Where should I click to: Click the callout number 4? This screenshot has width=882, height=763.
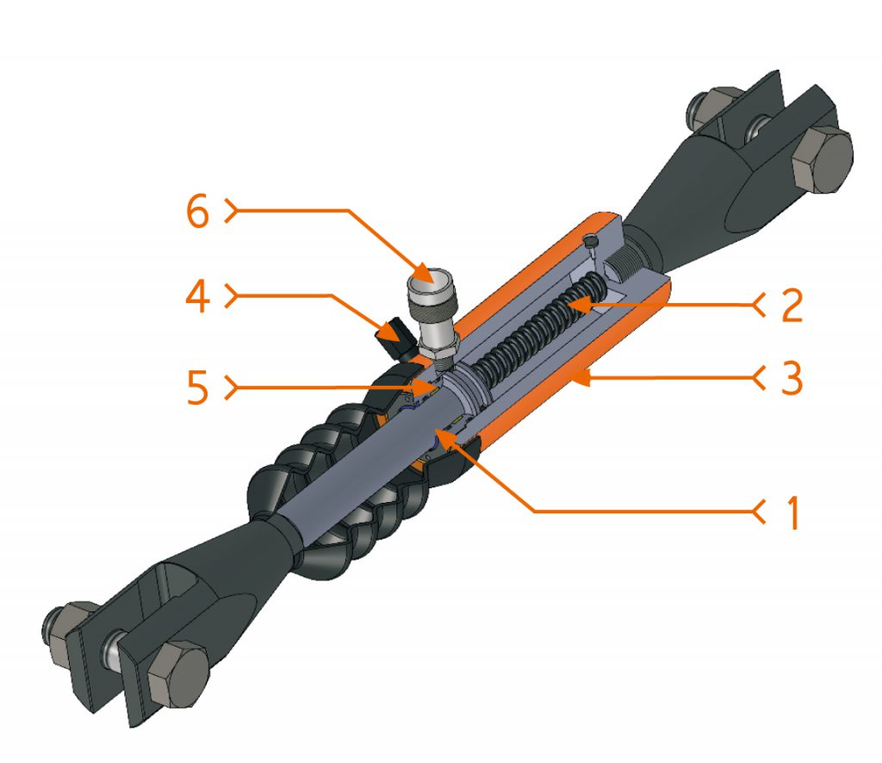pos(198,299)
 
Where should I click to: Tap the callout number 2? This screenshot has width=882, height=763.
pos(790,303)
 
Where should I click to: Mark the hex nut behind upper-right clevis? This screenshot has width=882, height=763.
pos(708,109)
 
